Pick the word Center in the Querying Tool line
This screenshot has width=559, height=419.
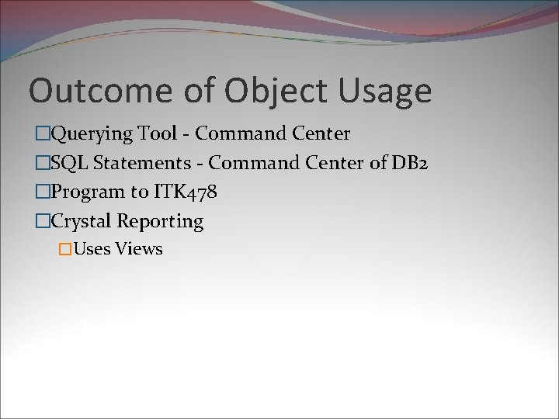point(321,133)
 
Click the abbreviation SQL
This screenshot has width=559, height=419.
point(68,163)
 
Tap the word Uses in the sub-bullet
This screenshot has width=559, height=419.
point(92,249)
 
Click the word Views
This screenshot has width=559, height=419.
point(139,249)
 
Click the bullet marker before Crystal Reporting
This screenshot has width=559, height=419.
point(43,222)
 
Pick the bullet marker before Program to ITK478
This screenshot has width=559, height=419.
point(43,192)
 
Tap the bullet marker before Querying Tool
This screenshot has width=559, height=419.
point(43,134)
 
